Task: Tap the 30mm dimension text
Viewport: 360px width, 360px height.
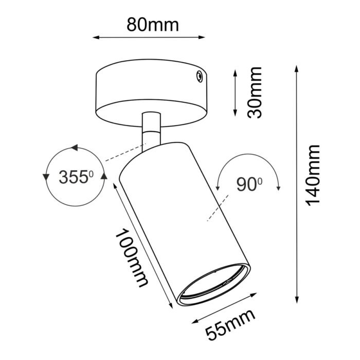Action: [x=254, y=92]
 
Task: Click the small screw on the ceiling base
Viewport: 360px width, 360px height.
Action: [x=197, y=77]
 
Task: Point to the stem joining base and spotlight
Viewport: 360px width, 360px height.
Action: [x=151, y=129]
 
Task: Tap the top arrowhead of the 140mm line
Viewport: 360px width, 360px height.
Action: [x=297, y=69]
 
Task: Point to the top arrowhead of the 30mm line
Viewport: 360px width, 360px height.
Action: [x=235, y=71]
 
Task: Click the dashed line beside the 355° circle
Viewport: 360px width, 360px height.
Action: [x=121, y=155]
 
